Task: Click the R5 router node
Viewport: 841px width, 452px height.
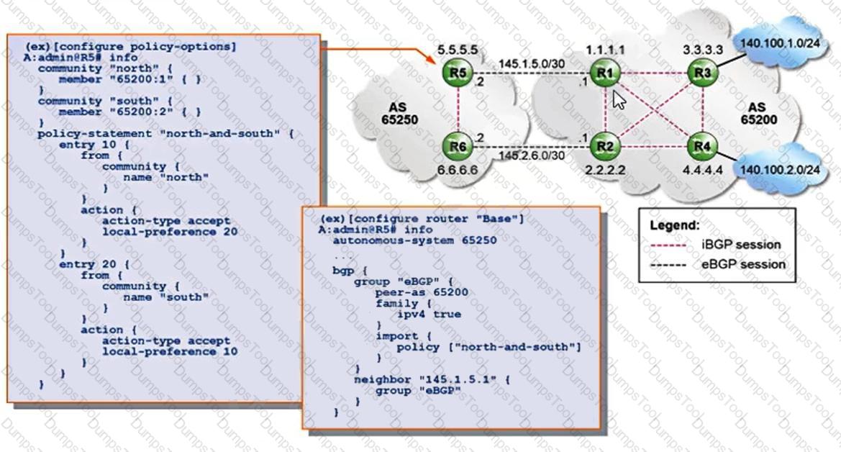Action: pos(458,73)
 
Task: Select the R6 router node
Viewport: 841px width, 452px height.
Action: pos(458,147)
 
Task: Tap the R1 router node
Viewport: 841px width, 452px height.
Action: pos(605,73)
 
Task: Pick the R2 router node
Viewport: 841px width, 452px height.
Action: pos(605,147)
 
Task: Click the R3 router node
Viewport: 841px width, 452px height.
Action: pos(703,73)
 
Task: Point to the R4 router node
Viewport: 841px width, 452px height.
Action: pos(703,147)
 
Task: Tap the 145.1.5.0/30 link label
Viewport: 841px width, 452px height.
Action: pos(532,64)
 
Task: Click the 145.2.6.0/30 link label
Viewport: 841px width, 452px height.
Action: pos(532,155)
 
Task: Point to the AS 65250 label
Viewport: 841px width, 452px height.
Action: pos(399,113)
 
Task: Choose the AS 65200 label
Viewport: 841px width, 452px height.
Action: pos(759,113)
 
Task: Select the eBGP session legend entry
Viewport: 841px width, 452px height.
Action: pos(718,264)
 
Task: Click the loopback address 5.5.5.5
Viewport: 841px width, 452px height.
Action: pos(458,50)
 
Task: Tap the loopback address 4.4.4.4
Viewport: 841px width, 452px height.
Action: pos(703,170)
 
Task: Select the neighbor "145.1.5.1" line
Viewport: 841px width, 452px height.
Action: pos(431,380)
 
